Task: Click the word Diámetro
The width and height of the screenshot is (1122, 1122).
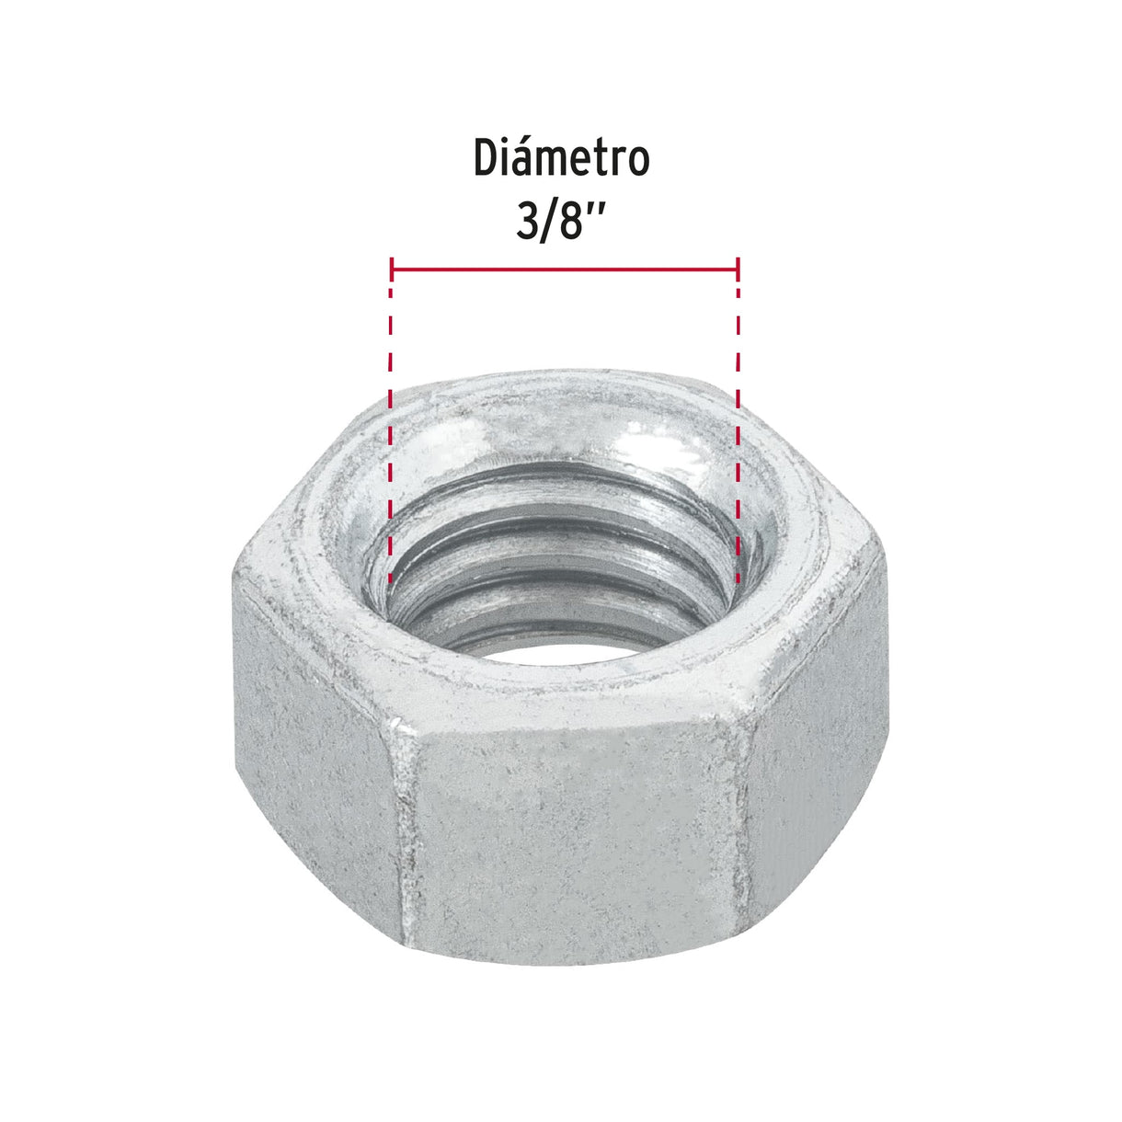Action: tap(561, 158)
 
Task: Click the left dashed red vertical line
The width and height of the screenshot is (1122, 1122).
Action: tap(391, 432)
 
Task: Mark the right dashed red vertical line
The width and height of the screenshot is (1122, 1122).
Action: tap(738, 432)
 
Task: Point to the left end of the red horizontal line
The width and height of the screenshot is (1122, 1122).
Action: tap(393, 269)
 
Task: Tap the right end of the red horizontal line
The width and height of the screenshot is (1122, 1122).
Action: tap(737, 269)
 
